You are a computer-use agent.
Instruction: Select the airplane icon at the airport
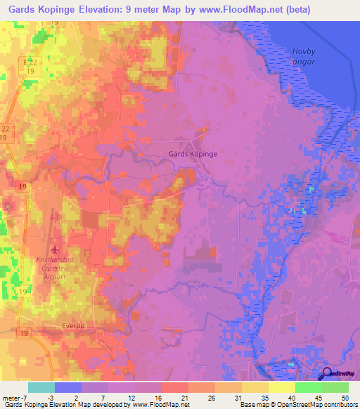[54, 249]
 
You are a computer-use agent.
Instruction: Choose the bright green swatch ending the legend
[335, 387]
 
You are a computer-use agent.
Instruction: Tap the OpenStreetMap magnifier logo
[326, 375]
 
